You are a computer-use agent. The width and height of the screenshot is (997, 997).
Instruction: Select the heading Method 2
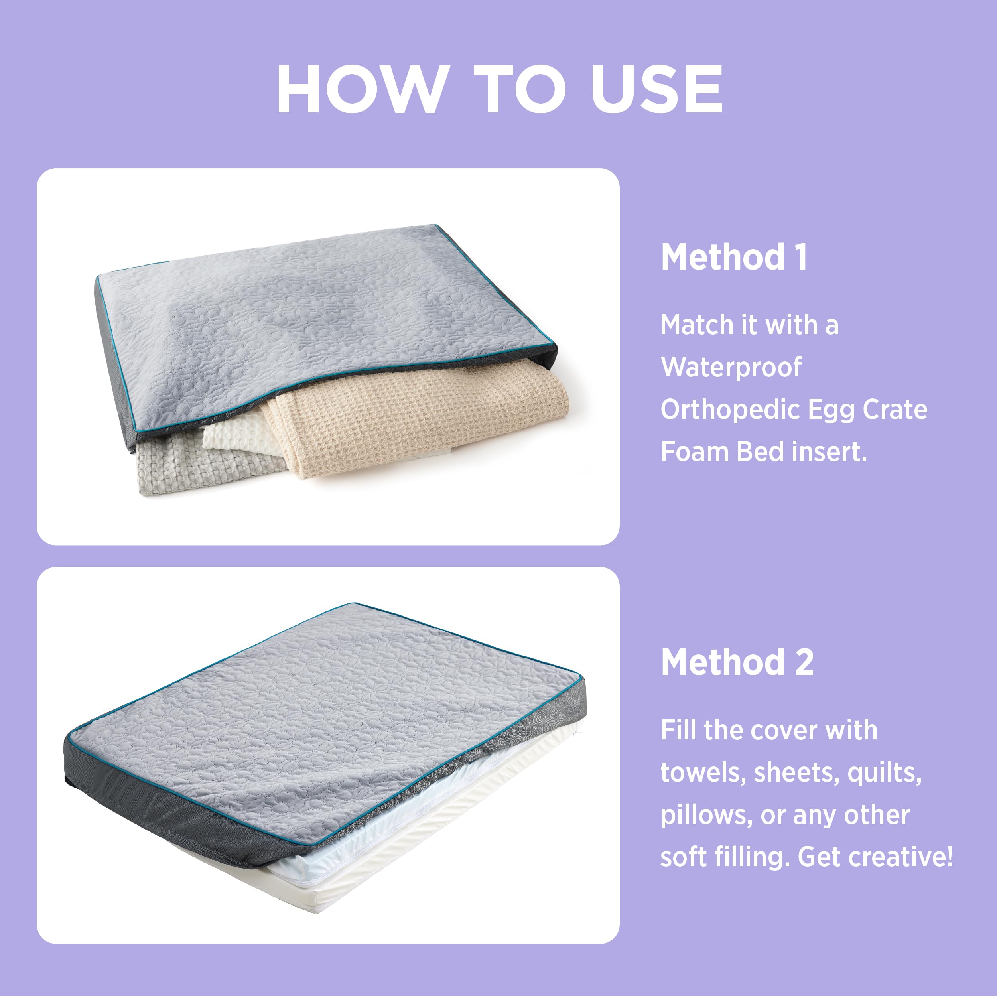click(737, 662)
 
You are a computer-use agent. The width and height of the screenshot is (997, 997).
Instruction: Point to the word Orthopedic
click(730, 410)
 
